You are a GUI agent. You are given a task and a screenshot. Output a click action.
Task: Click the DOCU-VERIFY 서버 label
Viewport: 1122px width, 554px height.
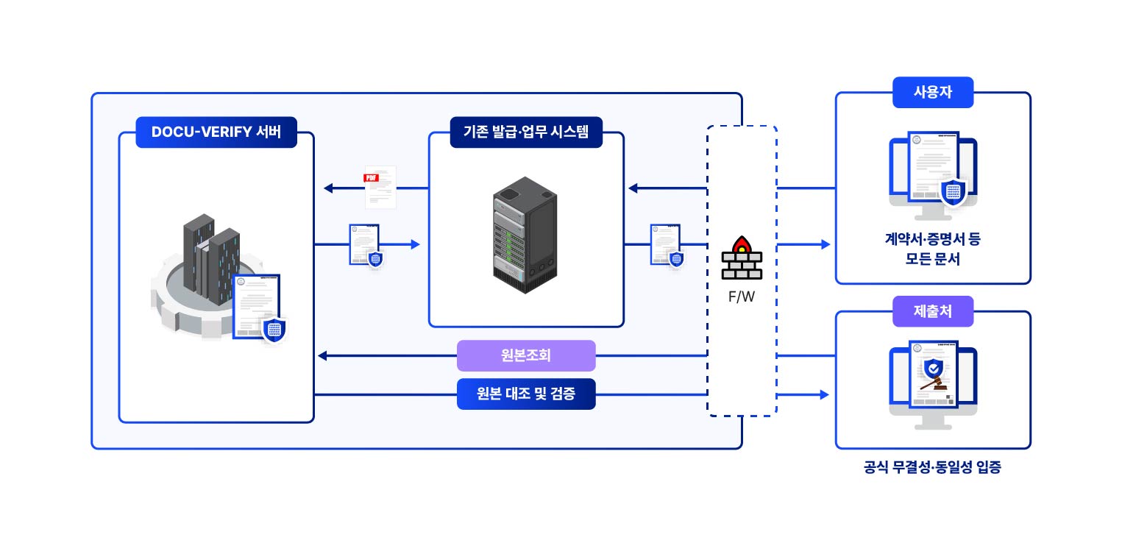(216, 132)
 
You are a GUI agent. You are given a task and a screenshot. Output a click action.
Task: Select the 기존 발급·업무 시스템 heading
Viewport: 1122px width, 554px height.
(525, 132)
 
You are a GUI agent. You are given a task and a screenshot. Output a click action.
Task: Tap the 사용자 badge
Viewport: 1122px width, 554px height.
(932, 93)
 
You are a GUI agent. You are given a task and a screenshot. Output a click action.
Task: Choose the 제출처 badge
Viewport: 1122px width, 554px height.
(932, 311)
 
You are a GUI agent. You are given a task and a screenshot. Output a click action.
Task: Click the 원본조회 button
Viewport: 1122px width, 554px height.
(525, 355)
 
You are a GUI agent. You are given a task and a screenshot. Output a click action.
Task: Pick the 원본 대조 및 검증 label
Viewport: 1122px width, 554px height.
(525, 394)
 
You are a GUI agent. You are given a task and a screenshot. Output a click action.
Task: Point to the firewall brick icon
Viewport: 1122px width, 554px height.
(742, 258)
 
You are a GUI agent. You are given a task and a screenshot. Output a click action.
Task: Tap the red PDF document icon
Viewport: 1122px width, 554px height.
(380, 187)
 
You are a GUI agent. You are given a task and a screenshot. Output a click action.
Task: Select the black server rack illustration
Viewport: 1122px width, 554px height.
(525, 235)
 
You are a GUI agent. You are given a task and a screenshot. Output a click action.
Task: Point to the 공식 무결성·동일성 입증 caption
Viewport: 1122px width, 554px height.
(932, 467)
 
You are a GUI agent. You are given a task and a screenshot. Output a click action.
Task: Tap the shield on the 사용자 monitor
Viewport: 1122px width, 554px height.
(954, 193)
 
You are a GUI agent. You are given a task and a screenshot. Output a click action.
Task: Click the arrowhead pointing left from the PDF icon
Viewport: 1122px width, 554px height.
(328, 188)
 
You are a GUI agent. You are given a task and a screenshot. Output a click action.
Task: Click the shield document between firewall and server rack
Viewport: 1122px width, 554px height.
(666, 244)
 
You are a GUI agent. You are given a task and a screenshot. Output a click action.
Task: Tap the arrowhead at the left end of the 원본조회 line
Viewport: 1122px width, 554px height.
(322, 356)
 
